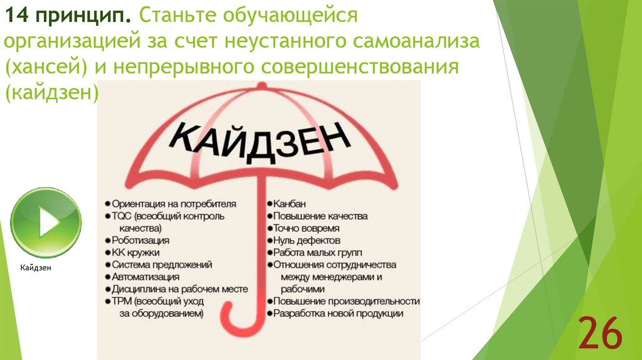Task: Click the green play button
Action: tap(46, 223)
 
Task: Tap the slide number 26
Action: tap(600, 334)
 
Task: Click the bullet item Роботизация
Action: tap(140, 240)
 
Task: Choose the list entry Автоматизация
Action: tap(145, 276)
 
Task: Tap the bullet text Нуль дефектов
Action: tap(307, 240)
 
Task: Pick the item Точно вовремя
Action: tap(306, 228)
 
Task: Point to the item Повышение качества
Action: tap(320, 216)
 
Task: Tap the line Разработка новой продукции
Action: tap(338, 313)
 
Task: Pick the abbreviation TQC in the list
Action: tap(120, 216)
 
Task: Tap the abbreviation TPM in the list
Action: tap(121, 301)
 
